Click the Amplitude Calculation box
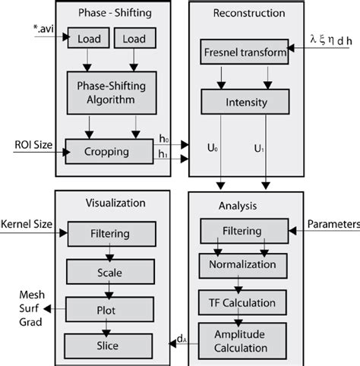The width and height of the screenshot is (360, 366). [x=243, y=340]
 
